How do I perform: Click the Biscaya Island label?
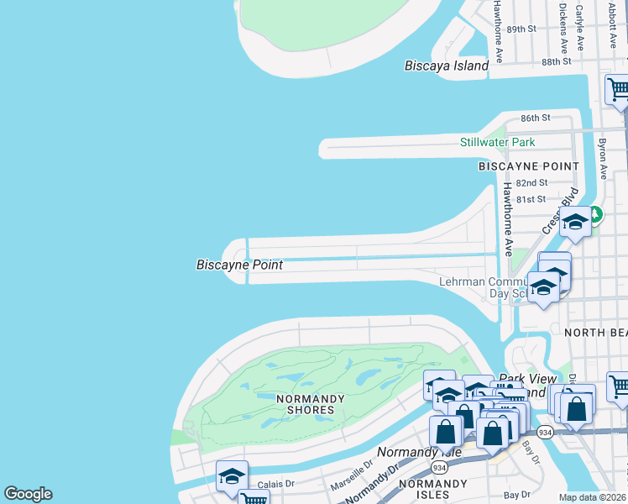pyautogui.click(x=446, y=66)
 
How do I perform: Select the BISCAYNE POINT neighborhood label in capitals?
pyautogui.click(x=529, y=166)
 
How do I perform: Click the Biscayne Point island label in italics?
pyautogui.click(x=239, y=265)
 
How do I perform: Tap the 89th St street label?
pyautogui.click(x=521, y=29)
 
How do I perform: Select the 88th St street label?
pyautogui.click(x=556, y=62)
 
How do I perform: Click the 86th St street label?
pyautogui.click(x=535, y=118)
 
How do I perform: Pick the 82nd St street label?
pyautogui.click(x=531, y=182)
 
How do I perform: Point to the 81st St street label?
pyautogui.click(x=531, y=199)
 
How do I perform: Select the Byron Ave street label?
pyautogui.click(x=602, y=152)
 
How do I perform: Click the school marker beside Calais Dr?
pyautogui.click(x=232, y=475)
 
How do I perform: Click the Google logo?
pyautogui.click(x=28, y=494)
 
